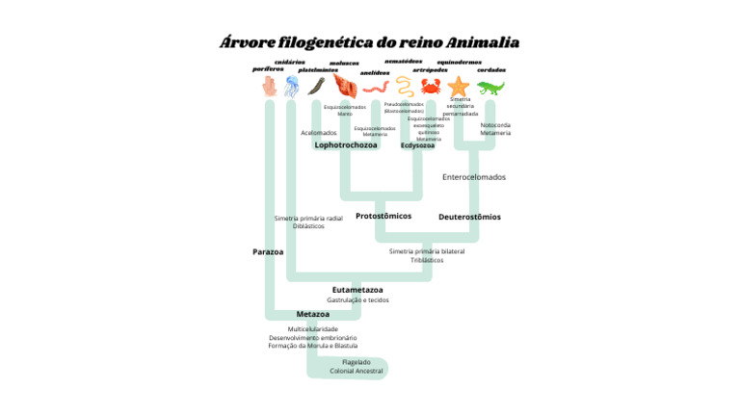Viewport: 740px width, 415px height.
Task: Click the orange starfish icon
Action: (458, 87)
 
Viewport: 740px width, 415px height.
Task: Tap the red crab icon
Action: (430, 87)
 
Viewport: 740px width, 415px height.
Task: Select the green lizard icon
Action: (490, 88)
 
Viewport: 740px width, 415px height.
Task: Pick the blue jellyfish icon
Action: (291, 87)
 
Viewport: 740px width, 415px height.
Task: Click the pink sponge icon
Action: (270, 88)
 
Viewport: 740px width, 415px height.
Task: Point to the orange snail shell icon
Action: (344, 88)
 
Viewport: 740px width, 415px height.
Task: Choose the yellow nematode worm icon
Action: (402, 86)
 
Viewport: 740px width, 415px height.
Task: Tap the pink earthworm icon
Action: (374, 90)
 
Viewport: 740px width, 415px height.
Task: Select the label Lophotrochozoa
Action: (346, 144)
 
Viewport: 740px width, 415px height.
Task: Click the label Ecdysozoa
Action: (417, 145)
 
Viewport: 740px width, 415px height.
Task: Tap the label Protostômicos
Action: (383, 216)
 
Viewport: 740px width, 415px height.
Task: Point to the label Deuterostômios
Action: (469, 217)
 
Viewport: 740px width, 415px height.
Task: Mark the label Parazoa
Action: (268, 251)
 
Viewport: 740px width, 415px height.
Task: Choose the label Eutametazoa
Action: (357, 289)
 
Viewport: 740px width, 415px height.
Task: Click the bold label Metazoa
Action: (313, 314)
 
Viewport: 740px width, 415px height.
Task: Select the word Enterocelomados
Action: (473, 177)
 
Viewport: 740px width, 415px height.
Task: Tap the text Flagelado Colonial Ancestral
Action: (356, 366)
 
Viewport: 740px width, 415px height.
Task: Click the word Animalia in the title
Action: (483, 42)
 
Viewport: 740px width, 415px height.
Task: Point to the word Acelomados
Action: (319, 133)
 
